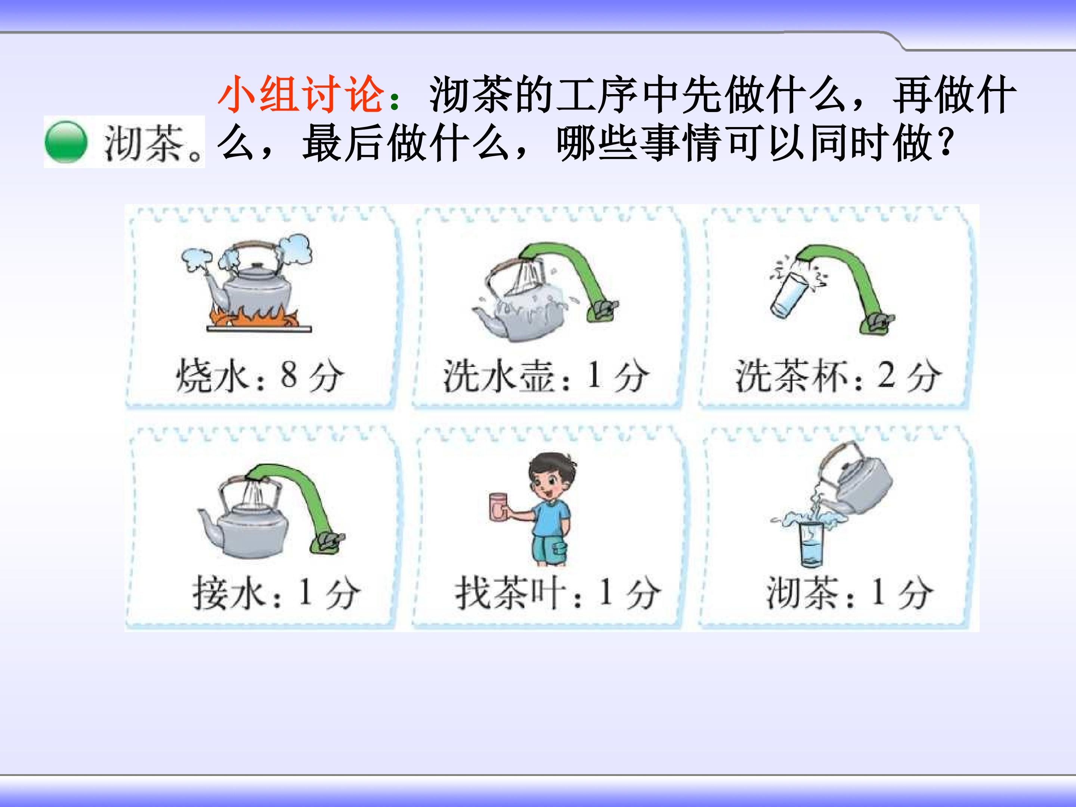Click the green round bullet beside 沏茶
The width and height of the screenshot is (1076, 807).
66,142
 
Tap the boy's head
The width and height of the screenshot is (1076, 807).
551,477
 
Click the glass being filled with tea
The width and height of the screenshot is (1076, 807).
811,545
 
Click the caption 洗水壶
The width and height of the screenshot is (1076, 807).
499,376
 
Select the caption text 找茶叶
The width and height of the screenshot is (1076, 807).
511,593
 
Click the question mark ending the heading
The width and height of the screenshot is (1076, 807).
946,143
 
